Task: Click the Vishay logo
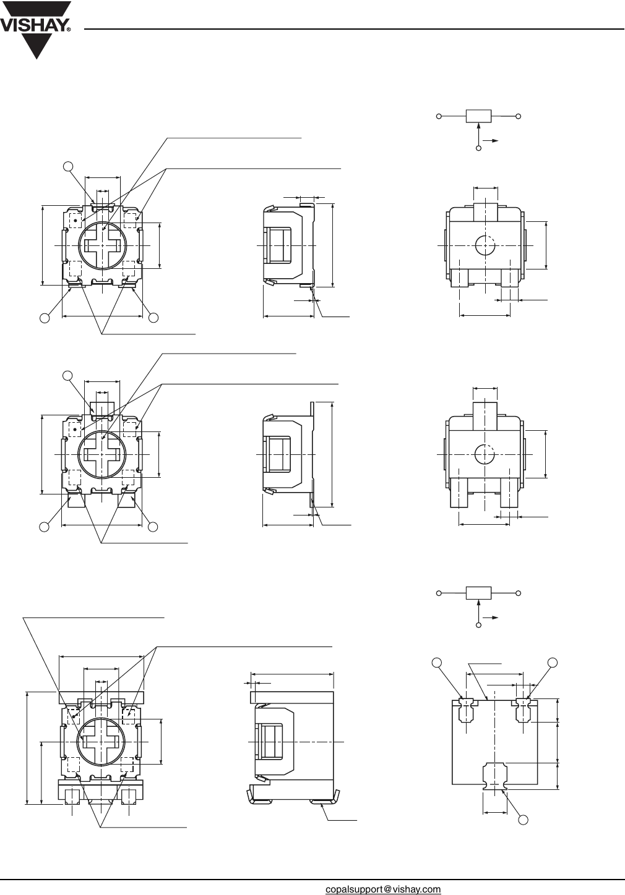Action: point(36,28)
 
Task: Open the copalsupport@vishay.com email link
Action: point(383,889)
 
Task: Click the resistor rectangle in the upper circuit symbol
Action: point(478,116)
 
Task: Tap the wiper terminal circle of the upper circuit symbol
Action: point(478,148)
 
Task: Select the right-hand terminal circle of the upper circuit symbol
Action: point(519,116)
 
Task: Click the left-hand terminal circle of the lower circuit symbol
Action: point(439,593)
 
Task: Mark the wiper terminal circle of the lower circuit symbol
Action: point(478,626)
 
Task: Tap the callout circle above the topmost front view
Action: point(69,165)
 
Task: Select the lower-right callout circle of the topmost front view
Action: point(154,318)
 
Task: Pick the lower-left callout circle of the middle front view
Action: point(44,526)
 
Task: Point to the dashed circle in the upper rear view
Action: point(485,246)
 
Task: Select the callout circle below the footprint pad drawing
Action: point(524,820)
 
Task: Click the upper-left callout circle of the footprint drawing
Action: point(437,663)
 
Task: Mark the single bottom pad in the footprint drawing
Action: point(494,775)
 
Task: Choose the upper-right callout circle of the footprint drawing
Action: point(552,663)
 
